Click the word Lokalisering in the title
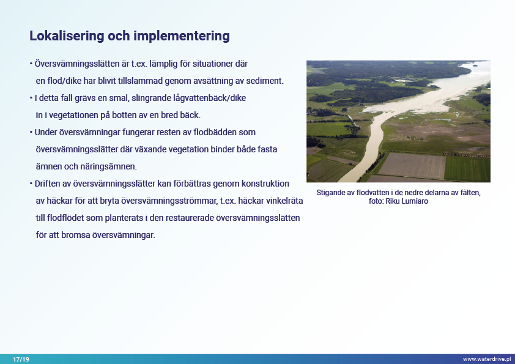[x=67, y=36]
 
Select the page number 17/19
[x=21, y=359]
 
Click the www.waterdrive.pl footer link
[x=487, y=359]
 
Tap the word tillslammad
[x=140, y=81]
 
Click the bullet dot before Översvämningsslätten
[x=31, y=64]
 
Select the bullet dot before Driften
[x=31, y=184]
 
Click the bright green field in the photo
[x=467, y=168]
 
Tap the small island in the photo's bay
[x=475, y=65]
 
